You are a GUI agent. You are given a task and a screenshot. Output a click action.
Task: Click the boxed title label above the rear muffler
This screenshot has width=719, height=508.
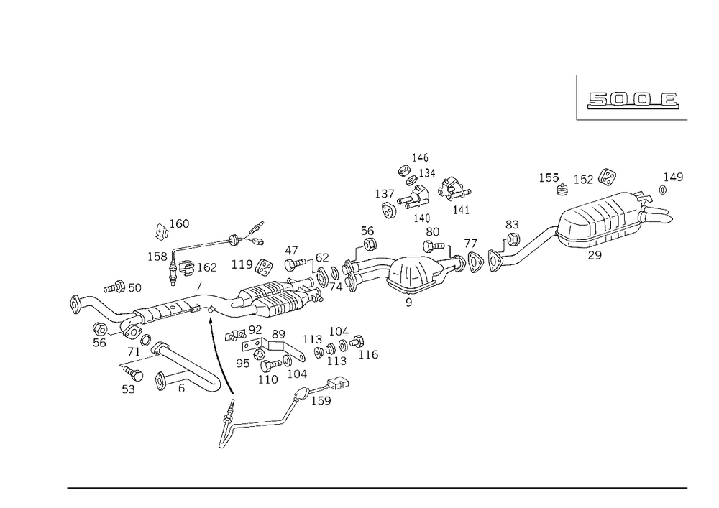tap(631, 101)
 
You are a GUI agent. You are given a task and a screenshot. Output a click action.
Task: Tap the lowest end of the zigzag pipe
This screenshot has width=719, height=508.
tap(224, 442)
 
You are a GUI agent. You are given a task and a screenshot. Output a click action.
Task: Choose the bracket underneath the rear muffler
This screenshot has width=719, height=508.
tap(594, 251)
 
